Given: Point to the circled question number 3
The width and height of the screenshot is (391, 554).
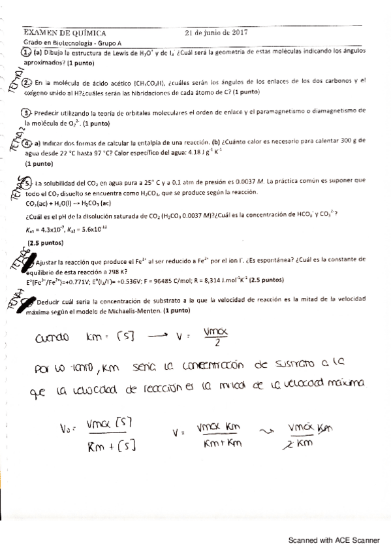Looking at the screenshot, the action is point(26,112).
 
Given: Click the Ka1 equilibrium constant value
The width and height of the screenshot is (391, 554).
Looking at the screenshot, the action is point(55,229).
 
